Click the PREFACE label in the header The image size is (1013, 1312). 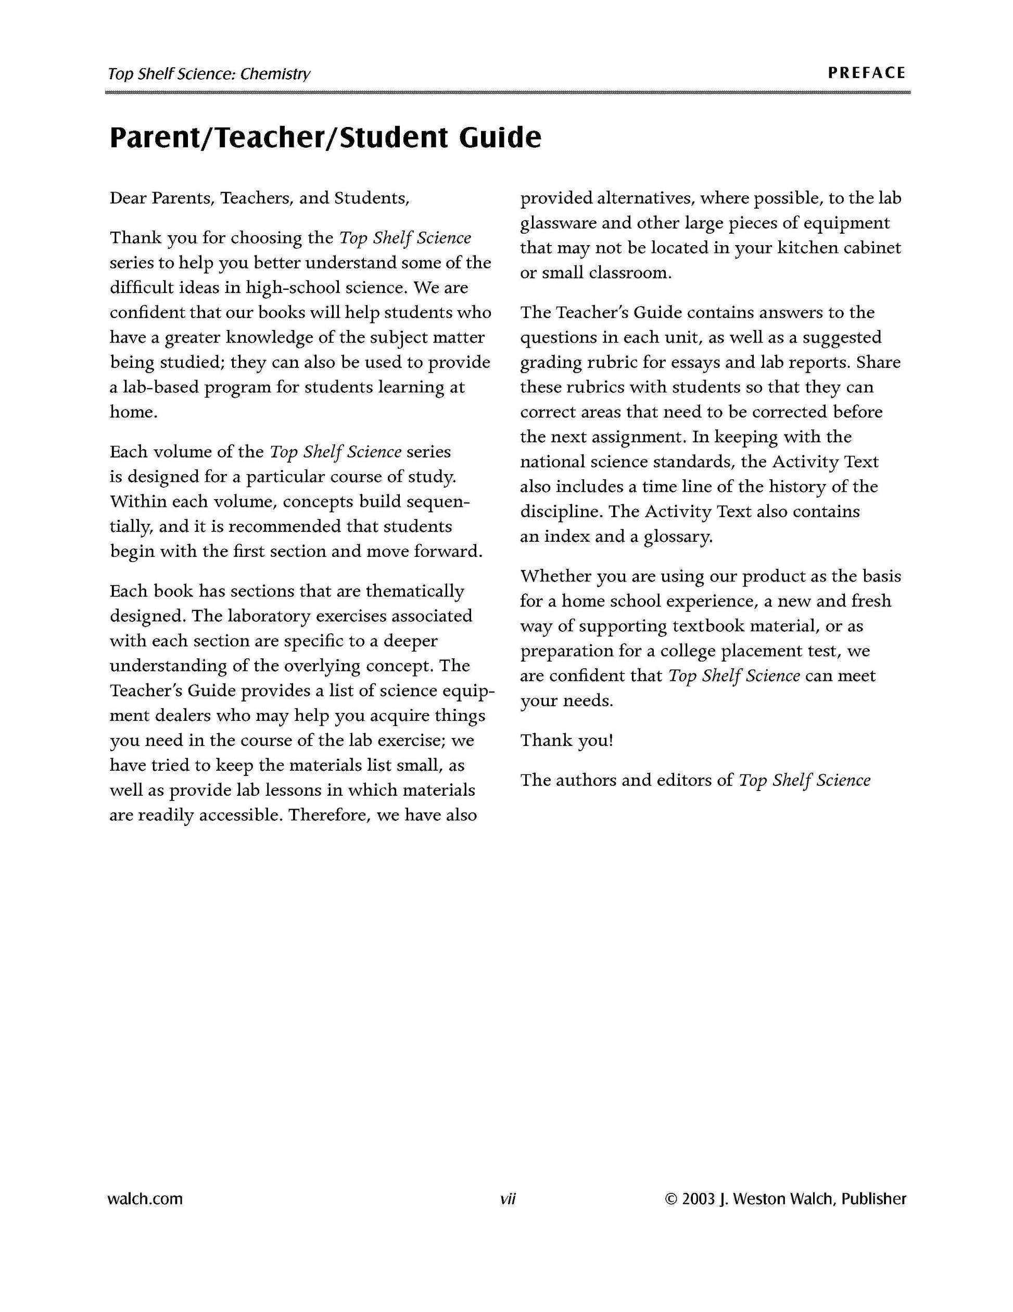click(x=866, y=73)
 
